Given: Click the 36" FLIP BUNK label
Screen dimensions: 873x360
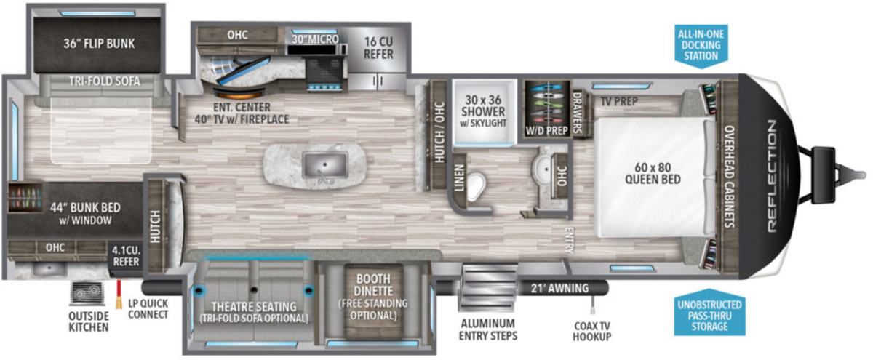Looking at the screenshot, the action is [99, 43].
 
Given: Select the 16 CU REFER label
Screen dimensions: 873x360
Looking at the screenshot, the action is [378, 48].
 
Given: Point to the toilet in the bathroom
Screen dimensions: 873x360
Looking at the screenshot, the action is [477, 186].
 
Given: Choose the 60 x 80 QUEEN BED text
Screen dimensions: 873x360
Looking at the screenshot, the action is [653, 173].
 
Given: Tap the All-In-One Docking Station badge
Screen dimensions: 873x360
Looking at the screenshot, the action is [701, 46].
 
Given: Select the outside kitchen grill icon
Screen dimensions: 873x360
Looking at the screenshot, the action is [87, 293].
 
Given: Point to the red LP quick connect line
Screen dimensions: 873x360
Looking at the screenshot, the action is [119, 294].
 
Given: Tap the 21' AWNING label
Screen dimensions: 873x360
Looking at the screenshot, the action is [559, 288].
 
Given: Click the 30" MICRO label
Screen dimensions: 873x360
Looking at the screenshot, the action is [315, 39].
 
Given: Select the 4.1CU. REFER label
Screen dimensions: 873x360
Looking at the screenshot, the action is [126, 255].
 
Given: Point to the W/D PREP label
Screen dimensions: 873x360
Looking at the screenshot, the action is [546, 130].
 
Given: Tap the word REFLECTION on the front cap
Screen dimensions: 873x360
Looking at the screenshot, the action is [772, 176].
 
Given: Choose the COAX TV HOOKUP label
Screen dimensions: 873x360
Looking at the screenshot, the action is [592, 331].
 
